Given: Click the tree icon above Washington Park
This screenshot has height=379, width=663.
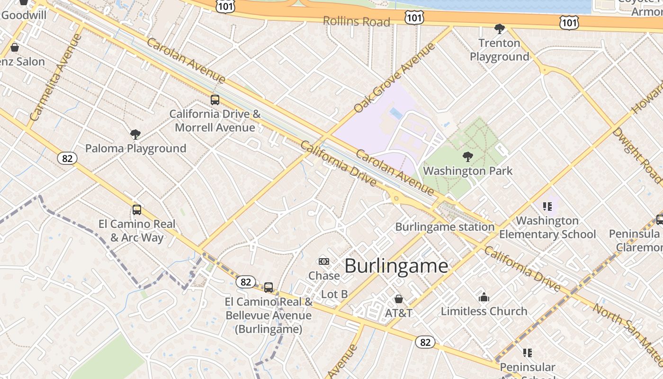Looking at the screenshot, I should coord(468,157).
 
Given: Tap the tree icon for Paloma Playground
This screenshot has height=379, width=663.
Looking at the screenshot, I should coord(135,135).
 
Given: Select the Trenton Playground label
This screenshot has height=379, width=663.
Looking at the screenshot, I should coord(499,50).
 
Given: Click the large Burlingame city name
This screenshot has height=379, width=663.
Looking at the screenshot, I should coord(396,266).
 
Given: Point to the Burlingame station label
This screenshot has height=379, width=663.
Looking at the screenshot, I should coord(445,227).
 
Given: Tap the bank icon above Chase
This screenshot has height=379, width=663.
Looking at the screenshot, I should coord(324,262).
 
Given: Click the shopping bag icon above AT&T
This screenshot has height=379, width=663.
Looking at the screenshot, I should coord(399,299).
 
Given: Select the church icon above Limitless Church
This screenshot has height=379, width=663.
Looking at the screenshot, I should coord(484,298).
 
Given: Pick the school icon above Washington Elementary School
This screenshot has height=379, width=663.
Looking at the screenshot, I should coord(547,207).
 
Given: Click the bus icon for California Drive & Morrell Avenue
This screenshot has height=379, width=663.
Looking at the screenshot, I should coord(215,100).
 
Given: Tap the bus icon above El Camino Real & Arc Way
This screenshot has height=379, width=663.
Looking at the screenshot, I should coord(137,210).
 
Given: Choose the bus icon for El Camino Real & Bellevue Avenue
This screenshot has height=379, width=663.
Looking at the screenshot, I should coord(269,288).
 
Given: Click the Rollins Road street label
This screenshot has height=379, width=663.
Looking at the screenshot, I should coord(356,21).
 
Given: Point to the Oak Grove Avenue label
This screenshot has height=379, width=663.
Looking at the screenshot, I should coord(394,78).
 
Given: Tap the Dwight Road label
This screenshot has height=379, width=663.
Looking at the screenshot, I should coord(636,154).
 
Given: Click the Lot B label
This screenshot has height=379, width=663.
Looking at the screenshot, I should coord(334,294).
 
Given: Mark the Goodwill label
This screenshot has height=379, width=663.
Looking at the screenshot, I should coord(24,15).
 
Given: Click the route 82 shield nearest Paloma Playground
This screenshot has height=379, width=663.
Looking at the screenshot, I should coord(67,158).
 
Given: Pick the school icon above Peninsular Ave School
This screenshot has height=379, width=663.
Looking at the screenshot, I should coord(527,353).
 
